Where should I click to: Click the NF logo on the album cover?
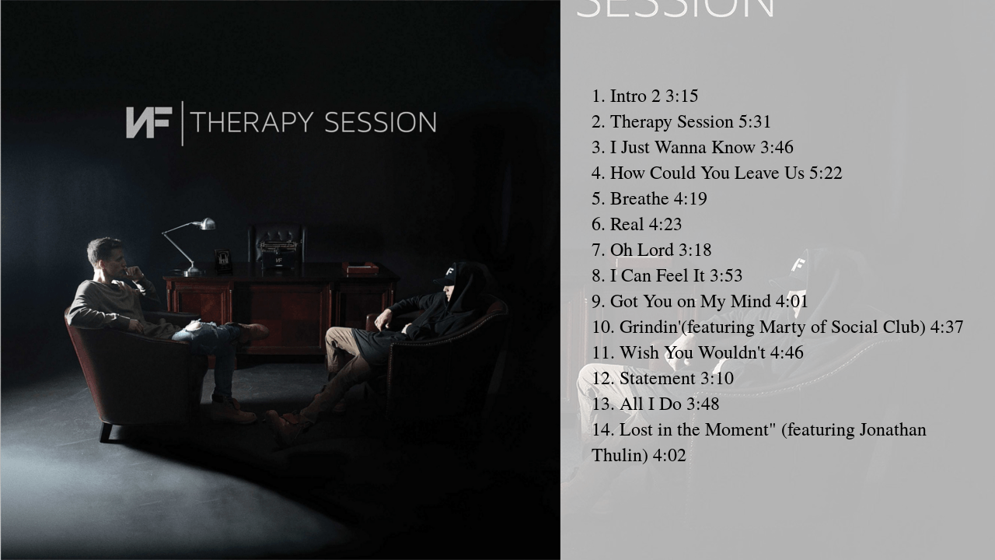148,123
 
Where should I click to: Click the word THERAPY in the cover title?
252,123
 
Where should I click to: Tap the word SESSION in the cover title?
380,123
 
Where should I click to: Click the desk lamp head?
205,224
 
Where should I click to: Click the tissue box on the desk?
360,268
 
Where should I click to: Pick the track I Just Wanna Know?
682,147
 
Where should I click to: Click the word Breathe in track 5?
639,198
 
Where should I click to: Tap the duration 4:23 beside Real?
665,224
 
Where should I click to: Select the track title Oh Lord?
641,250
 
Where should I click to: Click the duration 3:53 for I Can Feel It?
725,275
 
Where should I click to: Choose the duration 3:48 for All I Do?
703,404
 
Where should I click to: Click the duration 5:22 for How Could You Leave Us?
826,173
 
